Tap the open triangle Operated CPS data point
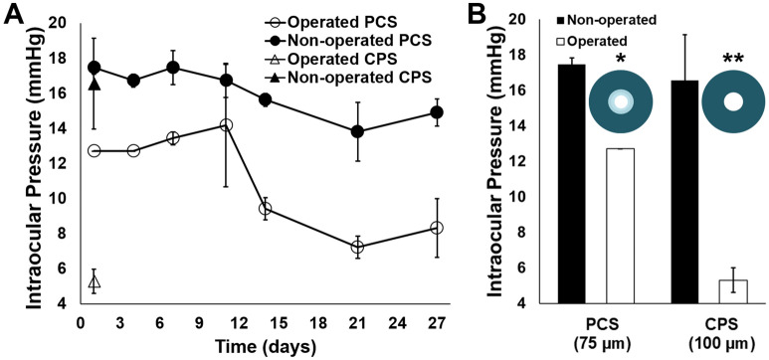[x=95, y=282]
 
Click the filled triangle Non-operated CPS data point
[x=95, y=85]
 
